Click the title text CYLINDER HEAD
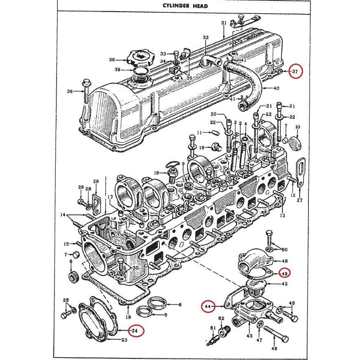[180, 6]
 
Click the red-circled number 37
[295, 71]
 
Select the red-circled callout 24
[135, 330]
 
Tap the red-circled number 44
[208, 306]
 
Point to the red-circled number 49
[284, 273]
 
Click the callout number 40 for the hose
[277, 88]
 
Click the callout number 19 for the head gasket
[128, 317]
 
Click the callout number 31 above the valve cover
[223, 23]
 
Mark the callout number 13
[282, 215]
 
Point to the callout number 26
[96, 181]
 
